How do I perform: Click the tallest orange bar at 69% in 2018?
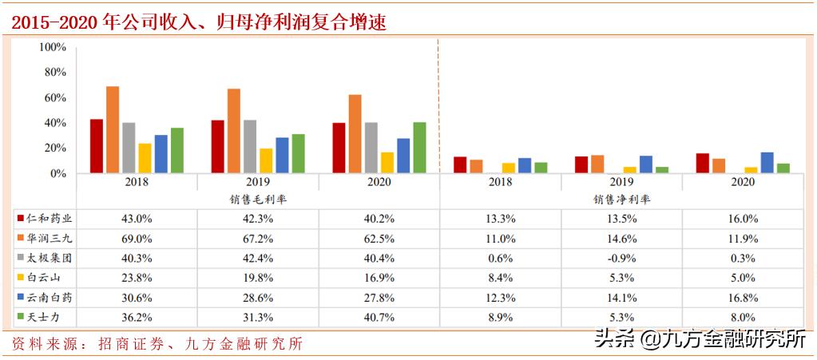point(113,129)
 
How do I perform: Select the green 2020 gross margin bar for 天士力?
point(419,148)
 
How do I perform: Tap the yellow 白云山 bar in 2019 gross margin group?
point(266,160)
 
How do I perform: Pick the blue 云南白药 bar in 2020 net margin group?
point(767,162)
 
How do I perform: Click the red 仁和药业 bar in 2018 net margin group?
point(460,164)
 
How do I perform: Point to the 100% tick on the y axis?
point(53,47)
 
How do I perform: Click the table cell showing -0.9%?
point(621,258)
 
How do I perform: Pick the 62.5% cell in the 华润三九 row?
point(379,237)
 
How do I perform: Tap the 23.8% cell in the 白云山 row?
point(137,278)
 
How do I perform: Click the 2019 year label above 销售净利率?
point(621,182)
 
